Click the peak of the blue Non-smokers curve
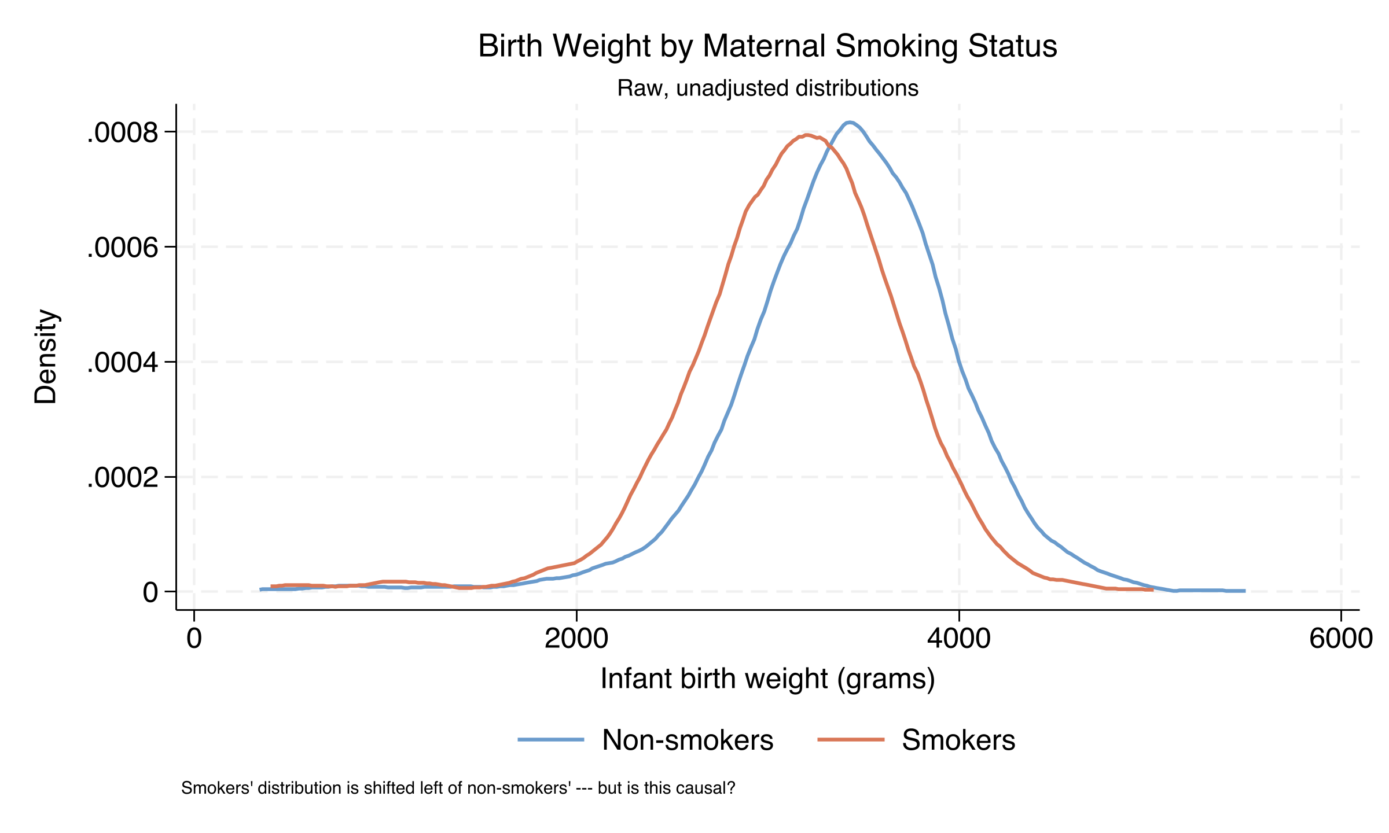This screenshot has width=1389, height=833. coord(848,123)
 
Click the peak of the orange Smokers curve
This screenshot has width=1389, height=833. coord(807,135)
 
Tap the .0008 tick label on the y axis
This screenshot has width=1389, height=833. coord(122,134)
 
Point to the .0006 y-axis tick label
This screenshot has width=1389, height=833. coord(122,248)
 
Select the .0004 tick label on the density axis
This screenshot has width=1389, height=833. coord(122,363)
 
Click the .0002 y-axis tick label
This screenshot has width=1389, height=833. coord(122,478)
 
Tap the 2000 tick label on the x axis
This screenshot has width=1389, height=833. coord(576,639)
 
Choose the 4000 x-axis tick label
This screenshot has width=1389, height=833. coord(958,639)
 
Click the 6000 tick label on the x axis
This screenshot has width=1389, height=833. coord(1340,639)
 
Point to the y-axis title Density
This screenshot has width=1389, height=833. coord(46,356)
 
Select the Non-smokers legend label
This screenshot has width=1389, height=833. coord(687,740)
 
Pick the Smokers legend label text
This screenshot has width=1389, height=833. coord(958,740)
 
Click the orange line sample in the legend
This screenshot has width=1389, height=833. coord(851,739)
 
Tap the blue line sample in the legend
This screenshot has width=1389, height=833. coord(551,739)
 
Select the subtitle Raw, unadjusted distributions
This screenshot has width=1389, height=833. coord(767,89)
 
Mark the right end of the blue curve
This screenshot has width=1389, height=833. coord(1244,591)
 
